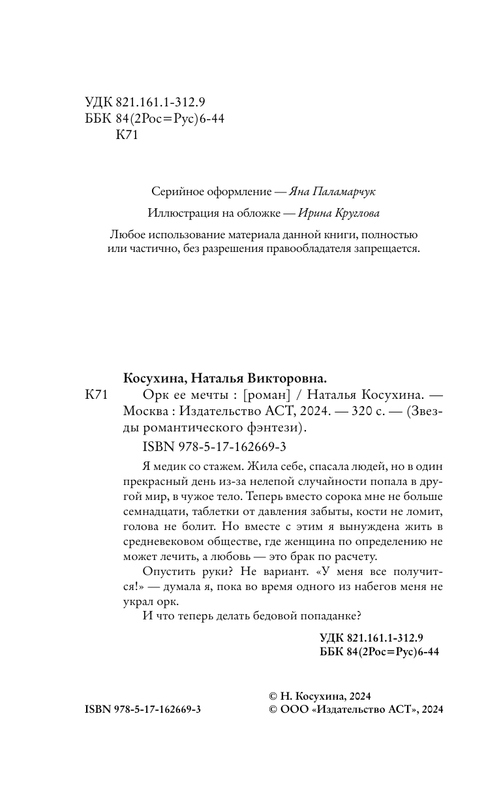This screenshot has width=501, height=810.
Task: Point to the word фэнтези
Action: click(275, 429)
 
